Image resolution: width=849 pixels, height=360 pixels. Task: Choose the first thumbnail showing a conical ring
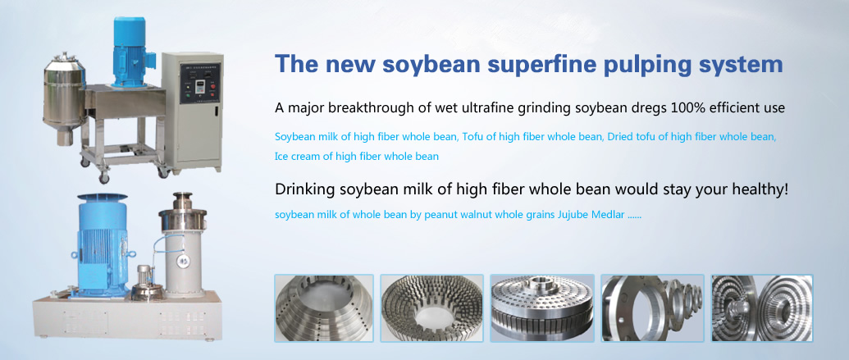tap(324, 308)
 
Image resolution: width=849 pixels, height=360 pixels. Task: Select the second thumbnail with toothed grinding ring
tap(432, 308)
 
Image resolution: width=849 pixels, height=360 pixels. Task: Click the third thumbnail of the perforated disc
tap(542, 308)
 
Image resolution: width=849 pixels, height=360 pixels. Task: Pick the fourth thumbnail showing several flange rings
tap(653, 308)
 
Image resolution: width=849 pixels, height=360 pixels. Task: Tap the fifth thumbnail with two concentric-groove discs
tap(762, 308)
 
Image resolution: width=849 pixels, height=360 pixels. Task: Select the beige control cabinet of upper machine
tap(192, 111)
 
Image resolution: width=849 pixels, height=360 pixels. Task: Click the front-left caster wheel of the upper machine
tap(103, 178)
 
